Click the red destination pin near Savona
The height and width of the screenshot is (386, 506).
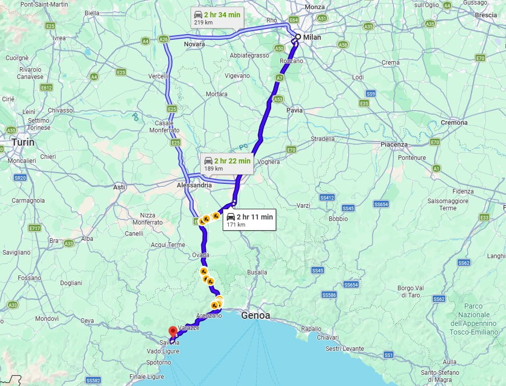click(x=173, y=331)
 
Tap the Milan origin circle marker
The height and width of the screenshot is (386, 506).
click(x=298, y=37)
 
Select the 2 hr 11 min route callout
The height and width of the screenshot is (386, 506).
click(x=249, y=219)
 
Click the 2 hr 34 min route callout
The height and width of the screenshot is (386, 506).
click(x=217, y=17)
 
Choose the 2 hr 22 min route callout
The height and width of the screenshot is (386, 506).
click(x=227, y=163)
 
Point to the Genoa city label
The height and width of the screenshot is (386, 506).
click(x=256, y=316)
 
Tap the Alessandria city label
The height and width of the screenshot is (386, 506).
click(x=194, y=186)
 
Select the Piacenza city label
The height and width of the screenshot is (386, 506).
click(x=394, y=145)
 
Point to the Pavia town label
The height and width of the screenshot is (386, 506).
click(x=294, y=110)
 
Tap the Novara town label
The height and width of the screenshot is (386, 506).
click(x=195, y=44)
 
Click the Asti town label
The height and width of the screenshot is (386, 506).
click(x=119, y=187)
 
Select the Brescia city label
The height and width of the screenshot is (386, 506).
click(x=486, y=15)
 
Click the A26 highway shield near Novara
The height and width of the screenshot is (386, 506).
click(x=164, y=39)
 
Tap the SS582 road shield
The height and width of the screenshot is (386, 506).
click(x=94, y=380)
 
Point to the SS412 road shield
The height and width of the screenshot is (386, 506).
click(x=327, y=197)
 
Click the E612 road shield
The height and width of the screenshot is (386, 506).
click(x=47, y=88)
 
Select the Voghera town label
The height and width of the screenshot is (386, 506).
click(x=269, y=162)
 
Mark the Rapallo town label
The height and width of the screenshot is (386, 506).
click(x=312, y=329)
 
